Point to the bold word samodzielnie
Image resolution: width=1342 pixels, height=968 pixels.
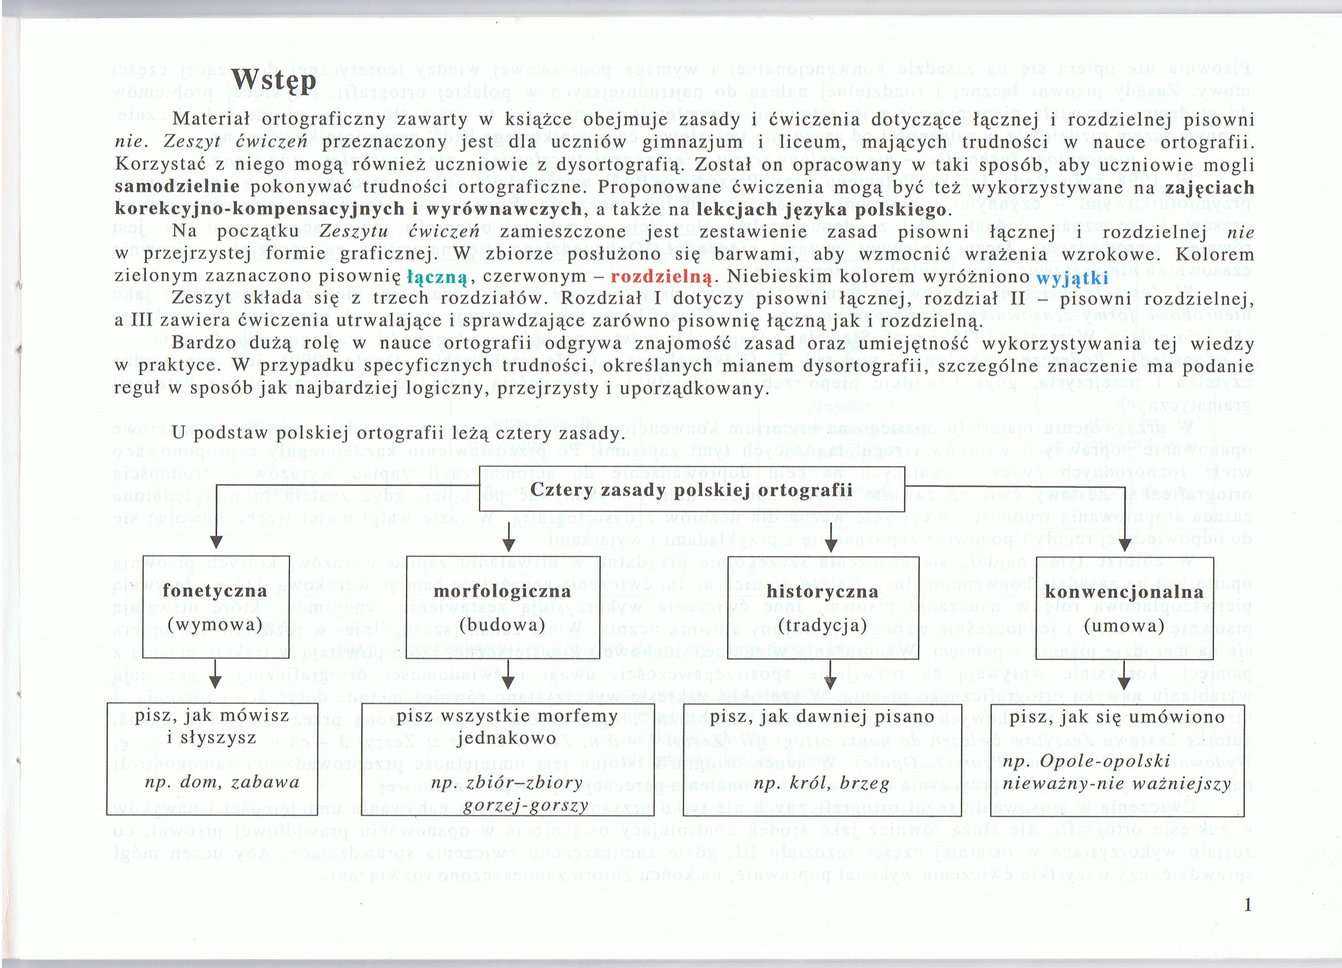pyautogui.click(x=177, y=188)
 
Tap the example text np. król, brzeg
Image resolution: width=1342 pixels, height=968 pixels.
pyautogui.click(x=822, y=784)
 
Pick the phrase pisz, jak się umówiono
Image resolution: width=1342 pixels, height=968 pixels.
pyautogui.click(x=1117, y=717)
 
